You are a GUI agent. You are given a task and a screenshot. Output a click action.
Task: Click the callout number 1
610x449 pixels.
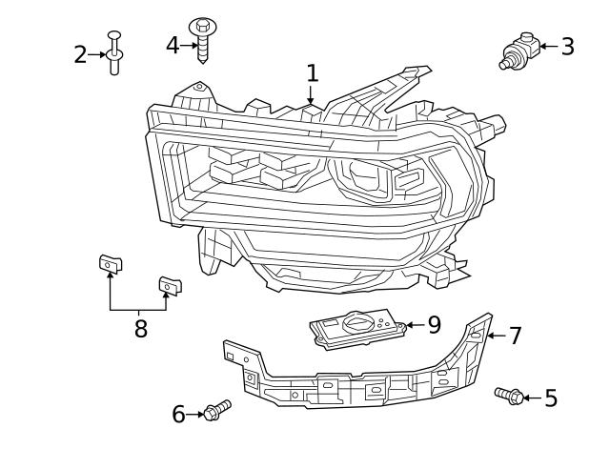pyautogui.click(x=312, y=72)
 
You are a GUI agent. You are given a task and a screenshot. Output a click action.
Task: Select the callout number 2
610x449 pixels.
pyautogui.click(x=81, y=55)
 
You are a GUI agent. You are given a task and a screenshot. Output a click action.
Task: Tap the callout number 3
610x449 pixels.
pyautogui.click(x=567, y=46)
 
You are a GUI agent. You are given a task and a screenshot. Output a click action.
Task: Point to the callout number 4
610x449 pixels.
pyautogui.click(x=173, y=44)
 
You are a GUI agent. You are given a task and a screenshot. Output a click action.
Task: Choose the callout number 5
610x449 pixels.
pyautogui.click(x=550, y=398)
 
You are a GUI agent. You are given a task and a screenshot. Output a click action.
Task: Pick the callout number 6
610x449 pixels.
pyautogui.click(x=178, y=414)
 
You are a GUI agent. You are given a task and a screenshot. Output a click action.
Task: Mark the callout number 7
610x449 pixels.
pyautogui.click(x=515, y=336)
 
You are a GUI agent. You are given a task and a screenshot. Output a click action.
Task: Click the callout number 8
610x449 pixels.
pyautogui.click(x=141, y=329)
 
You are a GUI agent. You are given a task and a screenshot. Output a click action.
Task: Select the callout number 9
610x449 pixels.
pyautogui.click(x=434, y=325)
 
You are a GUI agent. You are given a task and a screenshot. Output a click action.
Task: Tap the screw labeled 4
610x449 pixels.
pyautogui.click(x=202, y=38)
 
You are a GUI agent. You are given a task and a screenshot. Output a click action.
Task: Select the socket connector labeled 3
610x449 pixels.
pyautogui.click(x=518, y=51)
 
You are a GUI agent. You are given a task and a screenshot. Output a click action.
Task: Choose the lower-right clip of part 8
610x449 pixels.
pyautogui.click(x=169, y=284)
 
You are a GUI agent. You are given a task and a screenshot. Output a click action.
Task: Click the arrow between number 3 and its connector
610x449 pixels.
pyautogui.click(x=546, y=46)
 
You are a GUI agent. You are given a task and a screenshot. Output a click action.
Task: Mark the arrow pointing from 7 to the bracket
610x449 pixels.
pyautogui.click(x=495, y=336)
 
